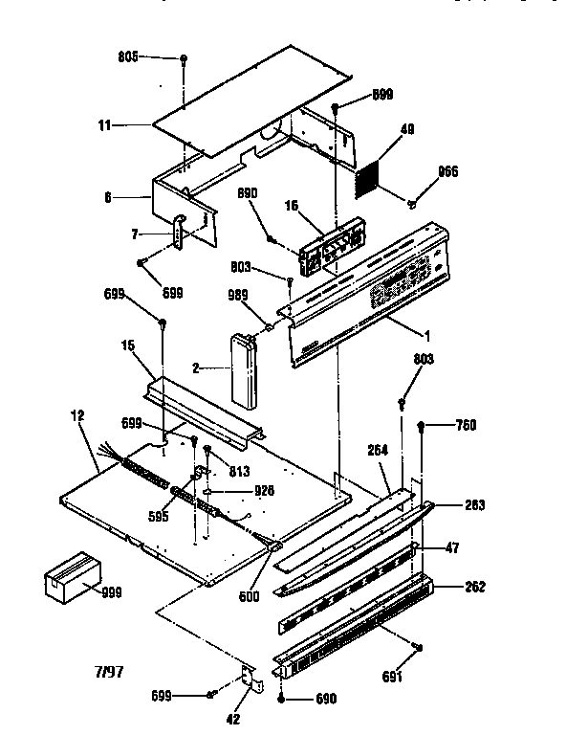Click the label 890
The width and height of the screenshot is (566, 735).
pyautogui.click(x=248, y=193)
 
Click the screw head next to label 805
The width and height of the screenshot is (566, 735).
pyautogui.click(x=182, y=59)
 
